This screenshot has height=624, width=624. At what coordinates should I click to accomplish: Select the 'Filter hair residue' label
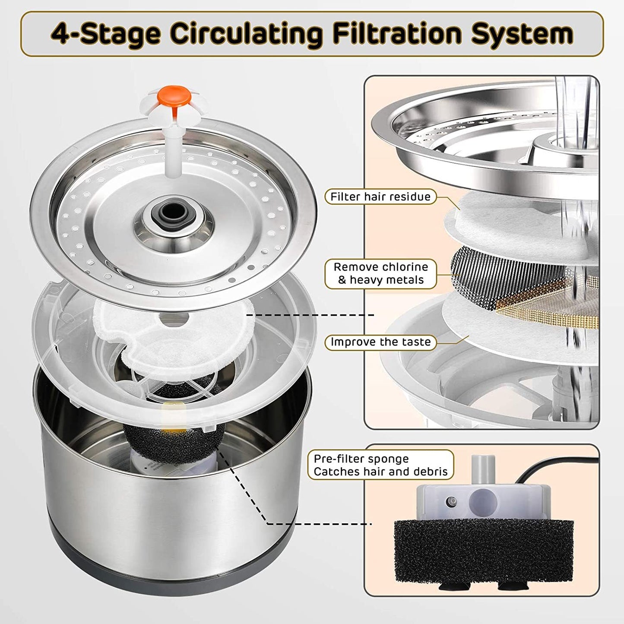pos(380,197)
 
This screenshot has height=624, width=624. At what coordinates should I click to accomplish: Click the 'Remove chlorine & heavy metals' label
pos(380,273)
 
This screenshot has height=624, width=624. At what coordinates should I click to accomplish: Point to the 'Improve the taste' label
pos(380,342)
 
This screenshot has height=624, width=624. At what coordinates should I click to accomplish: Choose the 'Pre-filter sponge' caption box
pos(380,465)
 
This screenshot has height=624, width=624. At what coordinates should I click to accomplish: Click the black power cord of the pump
pos(557,466)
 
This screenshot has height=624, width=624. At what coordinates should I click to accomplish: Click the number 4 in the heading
pos(60,34)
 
